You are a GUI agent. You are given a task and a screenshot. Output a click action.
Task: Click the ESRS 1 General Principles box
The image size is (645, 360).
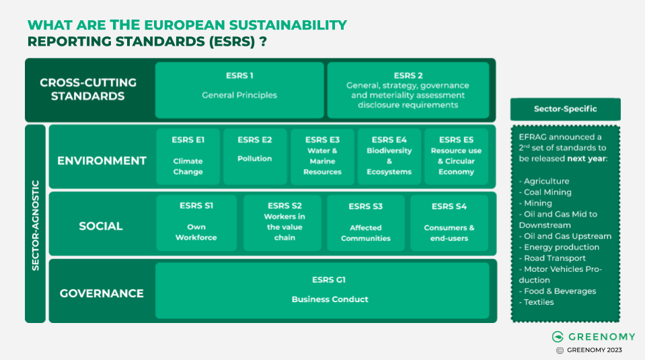point(239,90)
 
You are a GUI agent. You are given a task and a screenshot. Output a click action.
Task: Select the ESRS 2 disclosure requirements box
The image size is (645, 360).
point(408,90)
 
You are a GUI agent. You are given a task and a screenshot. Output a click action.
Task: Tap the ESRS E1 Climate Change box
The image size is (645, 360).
point(188,157)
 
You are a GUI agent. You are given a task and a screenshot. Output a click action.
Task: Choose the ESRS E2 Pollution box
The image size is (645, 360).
point(255,157)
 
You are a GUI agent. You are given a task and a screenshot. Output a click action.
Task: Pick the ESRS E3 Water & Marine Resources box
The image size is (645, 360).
point(322,157)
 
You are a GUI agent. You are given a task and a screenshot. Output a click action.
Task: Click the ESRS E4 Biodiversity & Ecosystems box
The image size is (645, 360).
point(389,157)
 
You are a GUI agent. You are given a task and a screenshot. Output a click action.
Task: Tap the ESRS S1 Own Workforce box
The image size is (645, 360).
point(196,223)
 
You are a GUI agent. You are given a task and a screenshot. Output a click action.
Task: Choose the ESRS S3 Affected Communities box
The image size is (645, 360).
point(366,223)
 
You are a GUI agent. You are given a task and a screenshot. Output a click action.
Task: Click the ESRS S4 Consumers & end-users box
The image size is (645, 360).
point(449,223)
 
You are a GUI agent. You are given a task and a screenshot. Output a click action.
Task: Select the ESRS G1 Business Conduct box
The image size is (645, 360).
point(322,290)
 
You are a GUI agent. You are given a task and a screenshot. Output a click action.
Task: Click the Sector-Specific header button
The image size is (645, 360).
point(565,109)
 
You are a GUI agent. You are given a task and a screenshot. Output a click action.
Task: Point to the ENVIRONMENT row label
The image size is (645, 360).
point(102,161)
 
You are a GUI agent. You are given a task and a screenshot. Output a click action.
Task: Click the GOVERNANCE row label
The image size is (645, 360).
point(102,293)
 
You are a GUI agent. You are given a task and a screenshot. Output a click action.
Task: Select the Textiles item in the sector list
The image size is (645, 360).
point(539,302)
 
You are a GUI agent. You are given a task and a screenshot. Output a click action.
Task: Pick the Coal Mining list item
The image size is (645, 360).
point(547,192)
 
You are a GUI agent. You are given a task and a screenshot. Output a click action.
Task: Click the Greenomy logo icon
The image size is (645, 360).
point(558,336)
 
